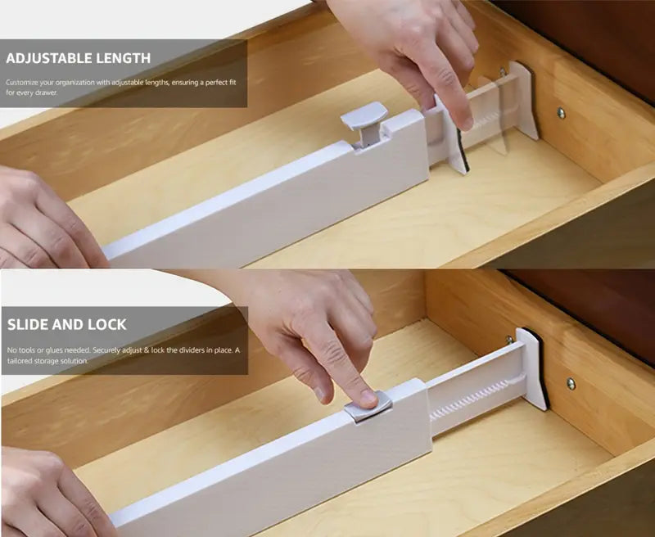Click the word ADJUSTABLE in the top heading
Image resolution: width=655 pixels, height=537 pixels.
(48, 58)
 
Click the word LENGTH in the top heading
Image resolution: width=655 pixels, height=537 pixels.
(123, 58)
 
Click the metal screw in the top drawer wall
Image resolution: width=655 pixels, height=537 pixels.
(561, 113)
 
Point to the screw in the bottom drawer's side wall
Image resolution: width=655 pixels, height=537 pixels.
(571, 383)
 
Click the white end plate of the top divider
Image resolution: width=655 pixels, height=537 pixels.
(524, 99)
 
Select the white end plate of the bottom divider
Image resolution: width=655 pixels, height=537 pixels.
(531, 368)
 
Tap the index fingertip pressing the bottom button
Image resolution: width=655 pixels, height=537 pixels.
(368, 398)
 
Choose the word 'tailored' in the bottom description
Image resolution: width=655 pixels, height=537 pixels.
(19, 361)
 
